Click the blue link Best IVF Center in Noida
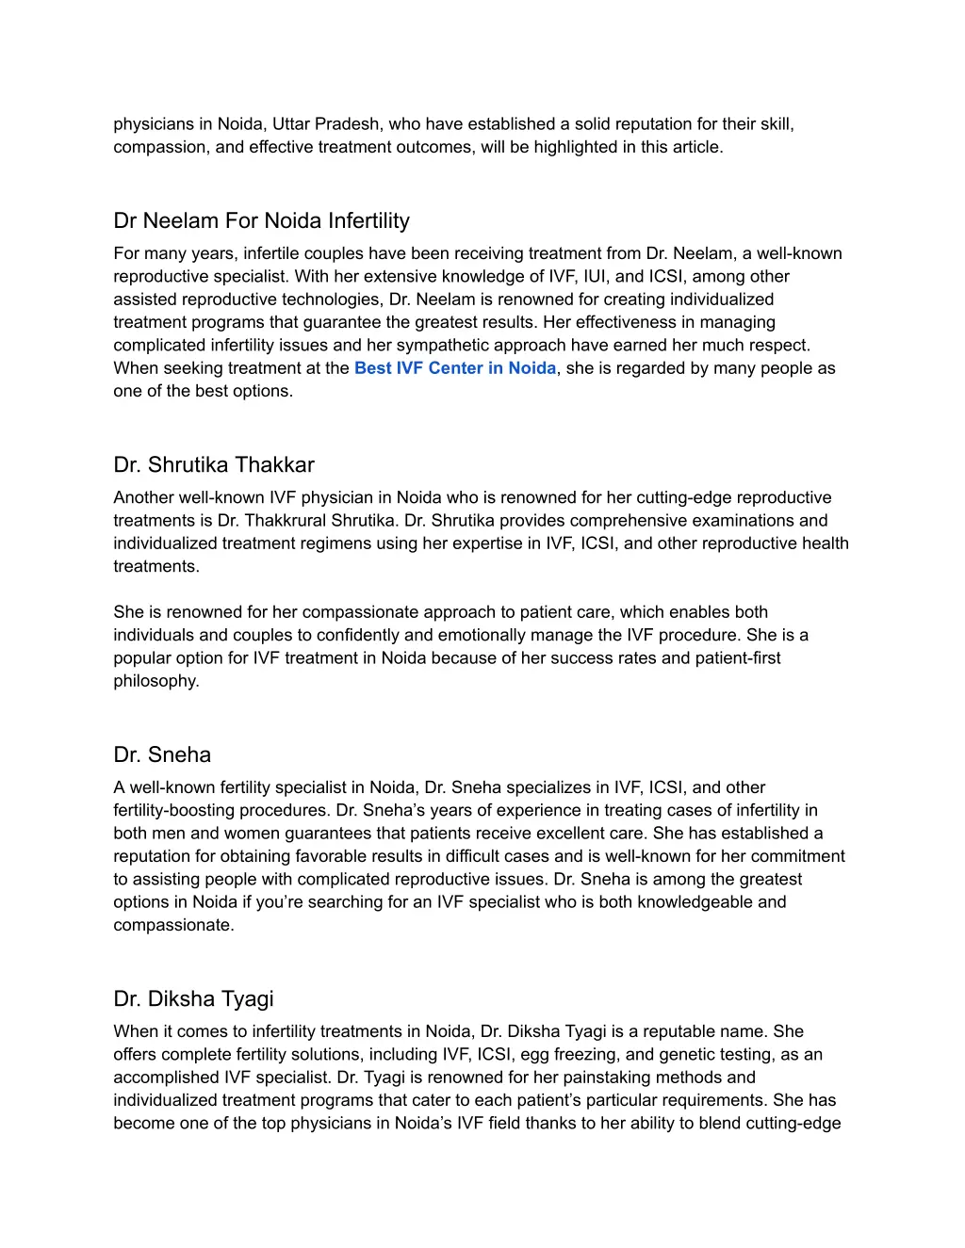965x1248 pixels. coord(455,368)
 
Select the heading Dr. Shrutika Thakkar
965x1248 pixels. coord(214,465)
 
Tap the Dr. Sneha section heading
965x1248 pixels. coord(162,755)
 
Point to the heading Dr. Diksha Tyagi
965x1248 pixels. coord(193,999)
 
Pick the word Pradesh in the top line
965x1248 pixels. coord(347,124)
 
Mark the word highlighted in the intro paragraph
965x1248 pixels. coord(575,148)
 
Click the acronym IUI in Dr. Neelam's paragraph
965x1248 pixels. coord(595,277)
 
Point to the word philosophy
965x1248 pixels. coord(155,681)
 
